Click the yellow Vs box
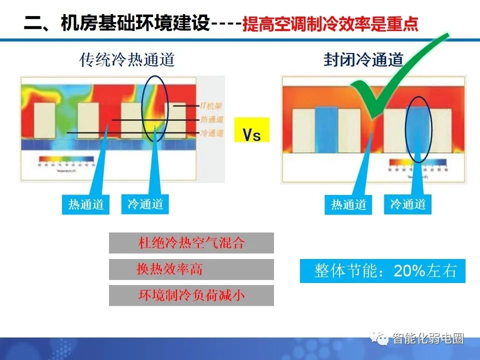click(x=251, y=129)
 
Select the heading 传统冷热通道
click(x=127, y=60)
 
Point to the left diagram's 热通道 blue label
click(x=86, y=204)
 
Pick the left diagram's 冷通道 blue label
click(x=145, y=204)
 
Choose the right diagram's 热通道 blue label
click(x=348, y=204)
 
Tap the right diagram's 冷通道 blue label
click(x=407, y=204)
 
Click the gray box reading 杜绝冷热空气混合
click(x=191, y=243)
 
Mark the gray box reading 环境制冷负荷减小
click(x=191, y=295)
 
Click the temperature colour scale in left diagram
click(x=66, y=160)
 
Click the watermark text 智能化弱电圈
click(x=428, y=339)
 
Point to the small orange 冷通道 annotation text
click(x=211, y=133)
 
